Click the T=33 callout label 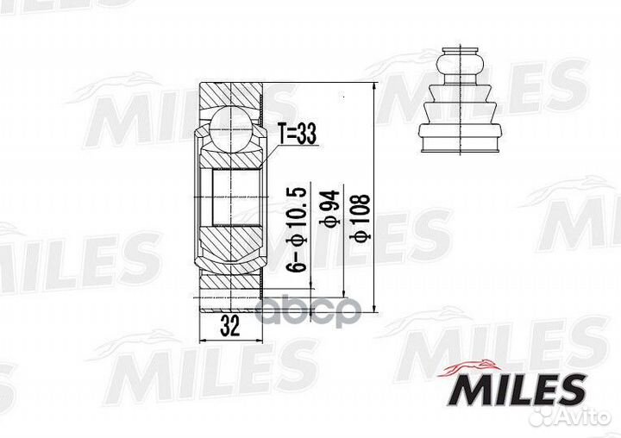click(297, 135)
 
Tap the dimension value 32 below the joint click(229, 325)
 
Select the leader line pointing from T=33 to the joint click(269, 155)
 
